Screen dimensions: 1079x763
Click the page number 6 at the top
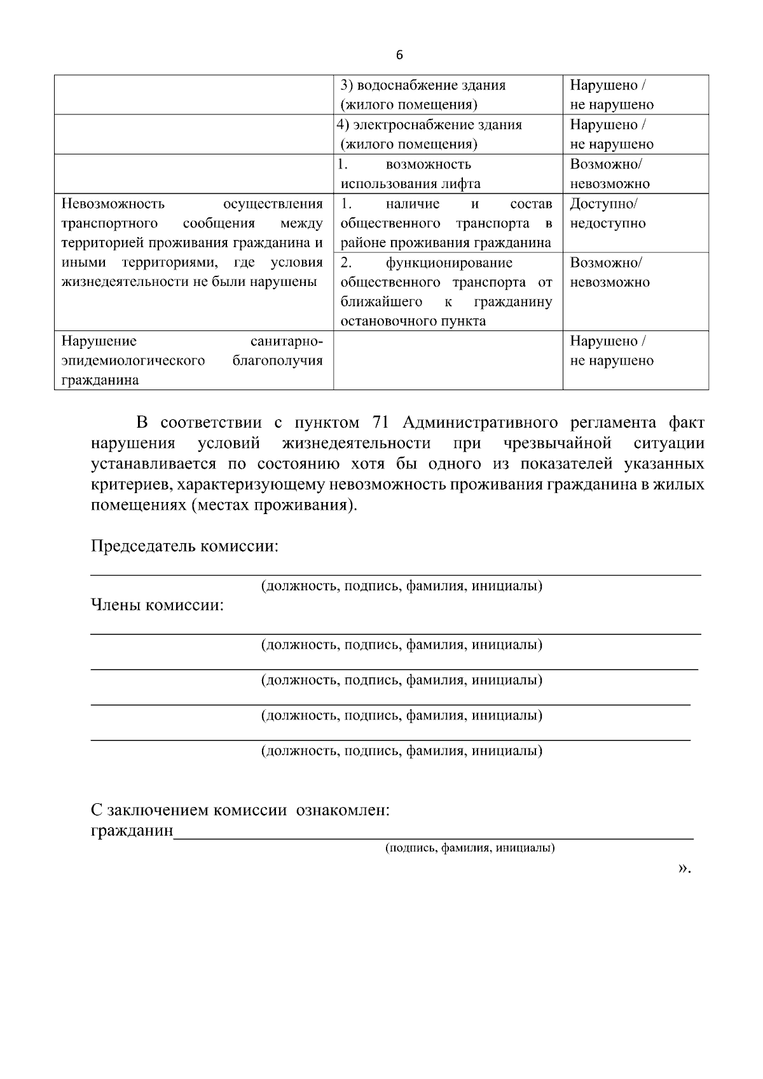399,55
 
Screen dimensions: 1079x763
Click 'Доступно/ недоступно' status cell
607,214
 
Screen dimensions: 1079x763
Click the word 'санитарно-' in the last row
287,341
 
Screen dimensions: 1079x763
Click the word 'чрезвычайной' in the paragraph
556,443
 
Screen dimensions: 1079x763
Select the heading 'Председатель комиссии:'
184,546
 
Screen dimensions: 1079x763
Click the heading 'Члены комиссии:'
157,606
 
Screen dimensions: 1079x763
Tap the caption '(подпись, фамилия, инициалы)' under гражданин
470,848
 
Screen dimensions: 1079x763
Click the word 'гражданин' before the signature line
132,831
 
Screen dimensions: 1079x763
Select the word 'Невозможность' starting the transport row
113,204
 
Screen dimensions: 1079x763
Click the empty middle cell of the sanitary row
448,360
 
